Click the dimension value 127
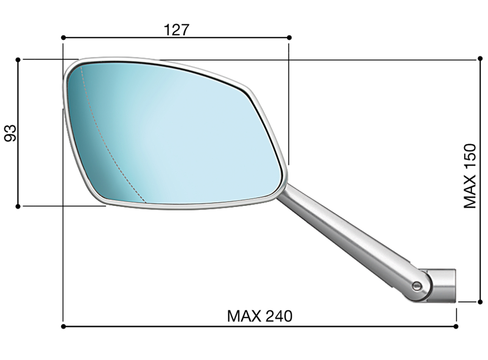point(176,30)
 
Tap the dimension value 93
point(11,133)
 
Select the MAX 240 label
point(259,316)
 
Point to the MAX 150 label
point(470,176)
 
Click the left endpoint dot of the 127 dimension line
point(63,38)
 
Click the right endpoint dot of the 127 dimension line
point(289,38)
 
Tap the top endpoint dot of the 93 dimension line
point(18,60)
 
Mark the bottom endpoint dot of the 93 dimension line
point(18,207)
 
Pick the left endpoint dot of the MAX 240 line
point(63,327)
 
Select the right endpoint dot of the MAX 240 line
point(456,327)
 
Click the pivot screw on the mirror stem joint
point(417,285)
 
